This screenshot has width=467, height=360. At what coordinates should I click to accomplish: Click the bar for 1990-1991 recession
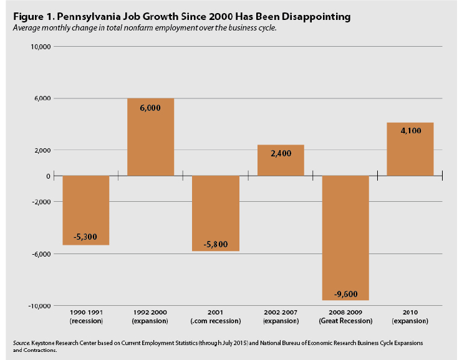(x=86, y=210)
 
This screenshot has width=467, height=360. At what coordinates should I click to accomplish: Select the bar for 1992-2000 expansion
(x=150, y=137)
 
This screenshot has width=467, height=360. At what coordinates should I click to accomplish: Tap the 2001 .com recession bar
(x=216, y=213)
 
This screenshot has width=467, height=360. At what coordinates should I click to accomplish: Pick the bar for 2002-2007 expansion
(x=281, y=160)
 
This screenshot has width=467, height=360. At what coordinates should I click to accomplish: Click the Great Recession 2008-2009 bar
(x=345, y=237)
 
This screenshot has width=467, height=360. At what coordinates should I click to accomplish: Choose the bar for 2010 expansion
(x=410, y=149)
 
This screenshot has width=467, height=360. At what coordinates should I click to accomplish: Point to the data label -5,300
(x=86, y=237)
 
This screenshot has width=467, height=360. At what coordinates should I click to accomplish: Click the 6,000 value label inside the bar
(x=150, y=107)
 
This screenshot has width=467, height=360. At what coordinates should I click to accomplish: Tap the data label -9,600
(x=345, y=294)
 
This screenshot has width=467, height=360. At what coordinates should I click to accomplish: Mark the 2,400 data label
(x=281, y=153)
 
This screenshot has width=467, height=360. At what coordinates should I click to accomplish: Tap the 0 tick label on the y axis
(x=47, y=176)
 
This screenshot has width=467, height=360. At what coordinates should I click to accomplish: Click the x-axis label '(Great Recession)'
(x=345, y=321)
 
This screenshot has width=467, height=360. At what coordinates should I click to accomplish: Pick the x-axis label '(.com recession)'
(x=216, y=321)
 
